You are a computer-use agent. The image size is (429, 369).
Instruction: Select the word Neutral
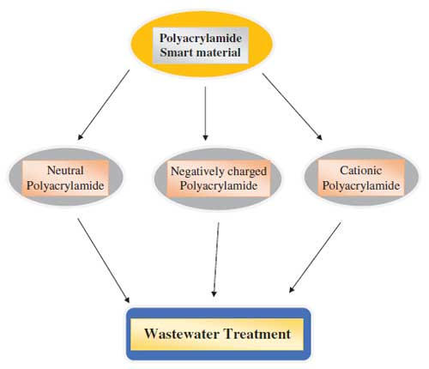coord(65,171)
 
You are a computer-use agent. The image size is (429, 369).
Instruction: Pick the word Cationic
coord(361,171)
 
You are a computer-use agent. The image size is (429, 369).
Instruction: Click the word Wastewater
coord(182,334)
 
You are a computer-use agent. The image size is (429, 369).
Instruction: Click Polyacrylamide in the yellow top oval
coord(201,39)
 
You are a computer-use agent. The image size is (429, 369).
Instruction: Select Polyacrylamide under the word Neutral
coord(65,185)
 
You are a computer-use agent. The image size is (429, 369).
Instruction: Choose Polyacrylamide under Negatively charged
coord(219,186)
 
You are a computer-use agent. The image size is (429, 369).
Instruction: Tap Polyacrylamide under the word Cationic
coord(361,185)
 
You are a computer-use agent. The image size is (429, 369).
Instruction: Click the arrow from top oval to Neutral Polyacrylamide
coord(104,105)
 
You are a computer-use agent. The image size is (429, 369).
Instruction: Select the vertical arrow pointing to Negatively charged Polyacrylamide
coord(205,113)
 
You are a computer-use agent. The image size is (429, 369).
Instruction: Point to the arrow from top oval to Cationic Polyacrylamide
coord(293,106)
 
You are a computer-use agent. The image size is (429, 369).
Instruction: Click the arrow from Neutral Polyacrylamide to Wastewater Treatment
coord(104,261)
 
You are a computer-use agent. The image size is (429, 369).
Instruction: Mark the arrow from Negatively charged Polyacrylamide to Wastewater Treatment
coord(216,260)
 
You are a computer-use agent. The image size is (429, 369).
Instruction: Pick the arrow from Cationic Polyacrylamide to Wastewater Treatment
coord(315,257)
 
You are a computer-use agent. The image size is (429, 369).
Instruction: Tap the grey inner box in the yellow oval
coord(201,45)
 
